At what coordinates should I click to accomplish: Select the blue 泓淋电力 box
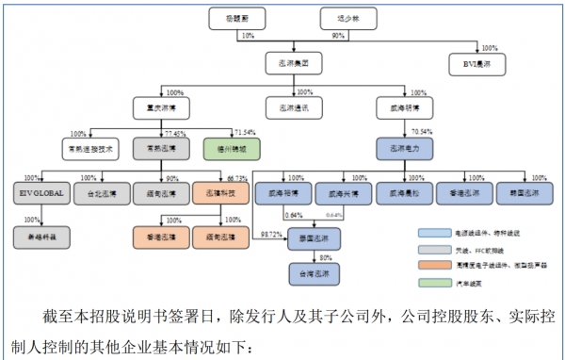coord(403,148)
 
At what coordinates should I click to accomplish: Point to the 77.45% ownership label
coord(174,134)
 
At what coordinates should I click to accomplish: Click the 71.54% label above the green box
coord(244,133)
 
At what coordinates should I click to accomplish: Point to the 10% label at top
coord(248,35)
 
